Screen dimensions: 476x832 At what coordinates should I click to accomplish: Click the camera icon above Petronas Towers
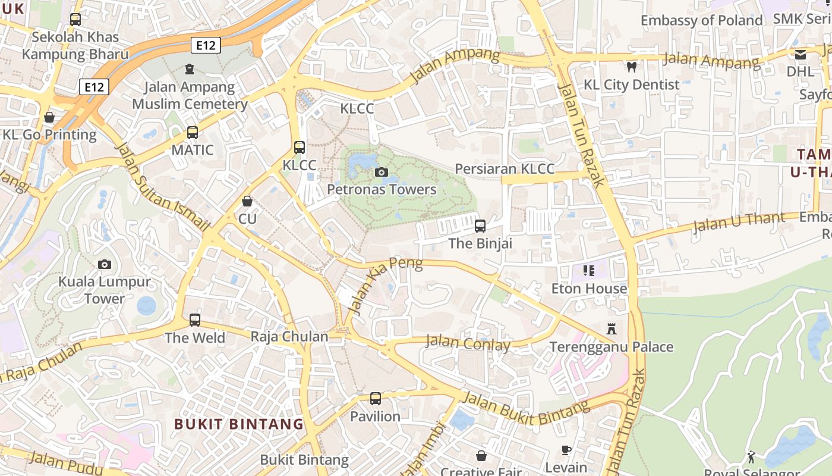tap(382, 173)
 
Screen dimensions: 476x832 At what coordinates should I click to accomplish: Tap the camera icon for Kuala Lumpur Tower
tap(105, 264)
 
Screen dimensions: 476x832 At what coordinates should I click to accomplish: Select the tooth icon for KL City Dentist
tap(631, 67)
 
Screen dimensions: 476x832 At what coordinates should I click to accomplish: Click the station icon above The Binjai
tap(480, 226)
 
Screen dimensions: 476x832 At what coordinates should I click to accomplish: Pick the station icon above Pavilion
tap(375, 399)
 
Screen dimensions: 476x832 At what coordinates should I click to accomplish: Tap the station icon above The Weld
tap(195, 320)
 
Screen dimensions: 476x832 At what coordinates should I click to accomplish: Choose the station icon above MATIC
tap(192, 133)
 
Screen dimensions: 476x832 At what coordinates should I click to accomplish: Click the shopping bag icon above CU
tap(247, 202)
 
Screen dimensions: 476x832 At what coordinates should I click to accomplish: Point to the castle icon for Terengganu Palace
tap(611, 329)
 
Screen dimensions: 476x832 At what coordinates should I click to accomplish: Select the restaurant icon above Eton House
tap(589, 271)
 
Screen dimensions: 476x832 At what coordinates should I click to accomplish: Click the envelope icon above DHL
tap(800, 54)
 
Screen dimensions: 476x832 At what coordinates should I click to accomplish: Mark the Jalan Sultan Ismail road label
tap(162, 186)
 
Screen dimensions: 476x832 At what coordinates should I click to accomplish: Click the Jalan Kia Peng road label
tap(386, 284)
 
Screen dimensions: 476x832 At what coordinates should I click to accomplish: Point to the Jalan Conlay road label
tap(468, 343)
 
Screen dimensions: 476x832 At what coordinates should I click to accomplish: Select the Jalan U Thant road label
tap(739, 223)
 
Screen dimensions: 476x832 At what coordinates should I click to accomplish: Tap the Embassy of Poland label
tap(701, 20)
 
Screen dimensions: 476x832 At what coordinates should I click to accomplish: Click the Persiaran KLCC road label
tap(505, 168)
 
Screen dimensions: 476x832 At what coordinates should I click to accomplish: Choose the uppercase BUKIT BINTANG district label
tap(239, 424)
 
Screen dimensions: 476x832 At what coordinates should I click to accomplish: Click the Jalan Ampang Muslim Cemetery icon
tap(189, 69)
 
